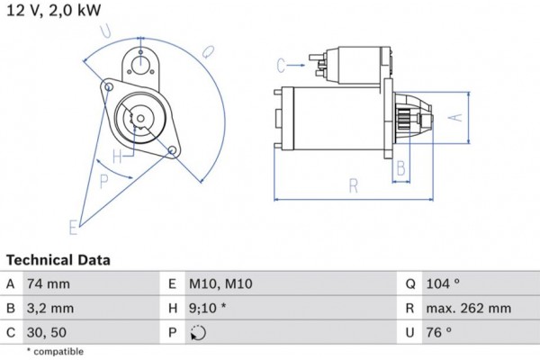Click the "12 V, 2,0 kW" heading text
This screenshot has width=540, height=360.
click(53, 10)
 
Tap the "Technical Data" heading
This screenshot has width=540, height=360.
click(58, 260)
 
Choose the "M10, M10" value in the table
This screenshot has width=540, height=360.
click(220, 284)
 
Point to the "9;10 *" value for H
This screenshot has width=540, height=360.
click(210, 309)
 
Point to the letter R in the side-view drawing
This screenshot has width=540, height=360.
click(354, 186)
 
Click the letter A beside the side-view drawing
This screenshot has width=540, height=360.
click(455, 117)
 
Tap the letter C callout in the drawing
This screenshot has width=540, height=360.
click(281, 64)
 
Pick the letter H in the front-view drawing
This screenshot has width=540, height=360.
click(116, 156)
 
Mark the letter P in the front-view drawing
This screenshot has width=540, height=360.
click(104, 182)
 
